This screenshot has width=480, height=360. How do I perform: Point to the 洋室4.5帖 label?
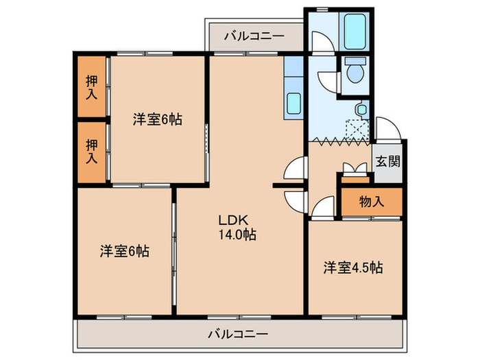[352, 267]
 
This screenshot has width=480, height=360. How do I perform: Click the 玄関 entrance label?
[387, 164]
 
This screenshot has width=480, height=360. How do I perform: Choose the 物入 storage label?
[371, 202]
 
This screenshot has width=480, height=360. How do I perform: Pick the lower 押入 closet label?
[92, 151]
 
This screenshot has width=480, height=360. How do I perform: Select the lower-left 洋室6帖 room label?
[124, 251]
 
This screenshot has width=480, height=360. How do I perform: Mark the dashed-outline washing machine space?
[357, 130]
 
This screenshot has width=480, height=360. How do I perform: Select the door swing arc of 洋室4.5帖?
[319, 206]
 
